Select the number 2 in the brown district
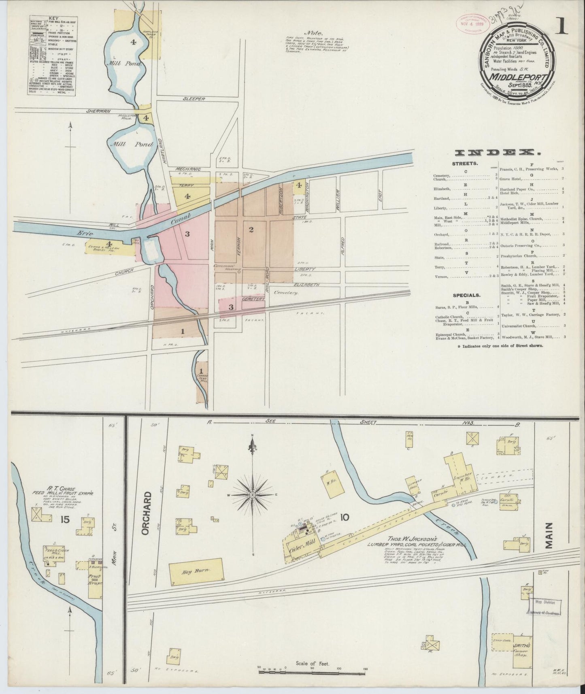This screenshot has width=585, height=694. [x=251, y=230]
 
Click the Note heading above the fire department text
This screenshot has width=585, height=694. [x=315, y=33]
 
